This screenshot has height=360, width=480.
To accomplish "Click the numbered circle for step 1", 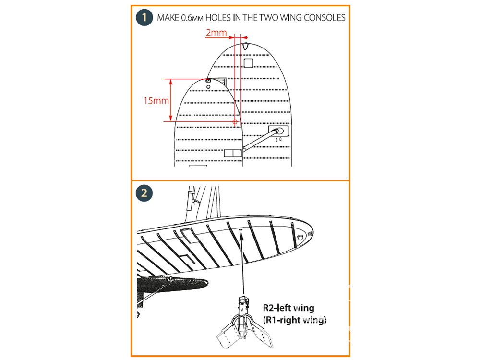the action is (144, 17).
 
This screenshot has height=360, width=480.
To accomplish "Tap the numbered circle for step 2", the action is (144, 193).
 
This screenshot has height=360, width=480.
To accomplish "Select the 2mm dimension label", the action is (216, 33).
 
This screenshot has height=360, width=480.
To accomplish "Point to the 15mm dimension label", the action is (156, 101).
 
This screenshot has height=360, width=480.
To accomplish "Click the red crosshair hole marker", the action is (235, 122).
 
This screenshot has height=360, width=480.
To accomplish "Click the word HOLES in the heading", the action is (217, 18).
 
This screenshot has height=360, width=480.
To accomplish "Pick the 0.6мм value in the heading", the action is (192, 18).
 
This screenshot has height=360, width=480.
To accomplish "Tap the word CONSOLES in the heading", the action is (324, 18).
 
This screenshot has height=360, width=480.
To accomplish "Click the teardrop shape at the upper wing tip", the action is (245, 46).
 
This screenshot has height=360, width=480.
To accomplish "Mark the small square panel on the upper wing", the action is (248, 63).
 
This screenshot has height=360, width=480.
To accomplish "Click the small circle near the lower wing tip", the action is (208, 87).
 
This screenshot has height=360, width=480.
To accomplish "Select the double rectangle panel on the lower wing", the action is (233, 153).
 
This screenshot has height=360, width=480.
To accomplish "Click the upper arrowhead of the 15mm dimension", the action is (171, 82).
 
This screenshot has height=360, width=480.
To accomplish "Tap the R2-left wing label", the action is (288, 308).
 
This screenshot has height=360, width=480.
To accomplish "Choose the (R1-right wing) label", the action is (295, 320).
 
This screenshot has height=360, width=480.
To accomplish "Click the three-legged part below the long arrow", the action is (244, 323).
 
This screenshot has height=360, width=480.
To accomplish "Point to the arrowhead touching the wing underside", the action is (241, 236).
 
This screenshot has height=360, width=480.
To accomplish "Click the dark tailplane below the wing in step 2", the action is (172, 284).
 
